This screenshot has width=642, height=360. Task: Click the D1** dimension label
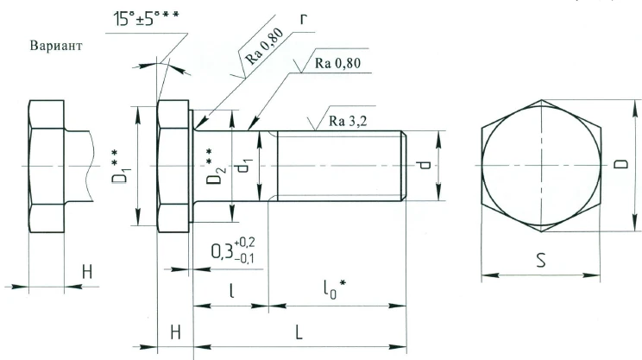tap(120, 165)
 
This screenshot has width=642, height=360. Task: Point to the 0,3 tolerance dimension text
tap(235, 252)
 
